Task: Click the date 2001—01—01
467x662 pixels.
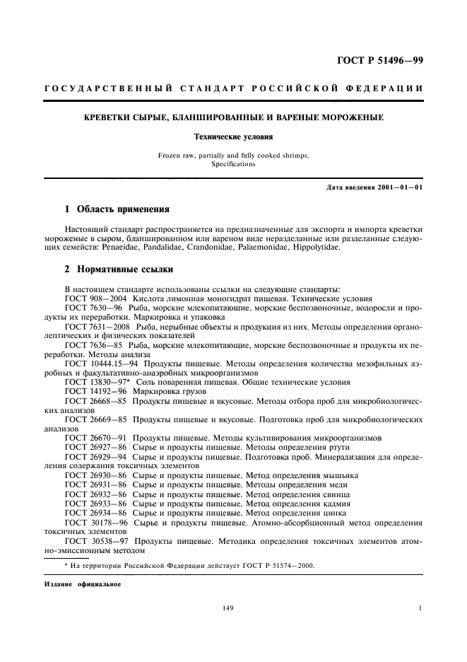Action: click(399, 187)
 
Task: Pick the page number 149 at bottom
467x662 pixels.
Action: click(227, 608)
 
